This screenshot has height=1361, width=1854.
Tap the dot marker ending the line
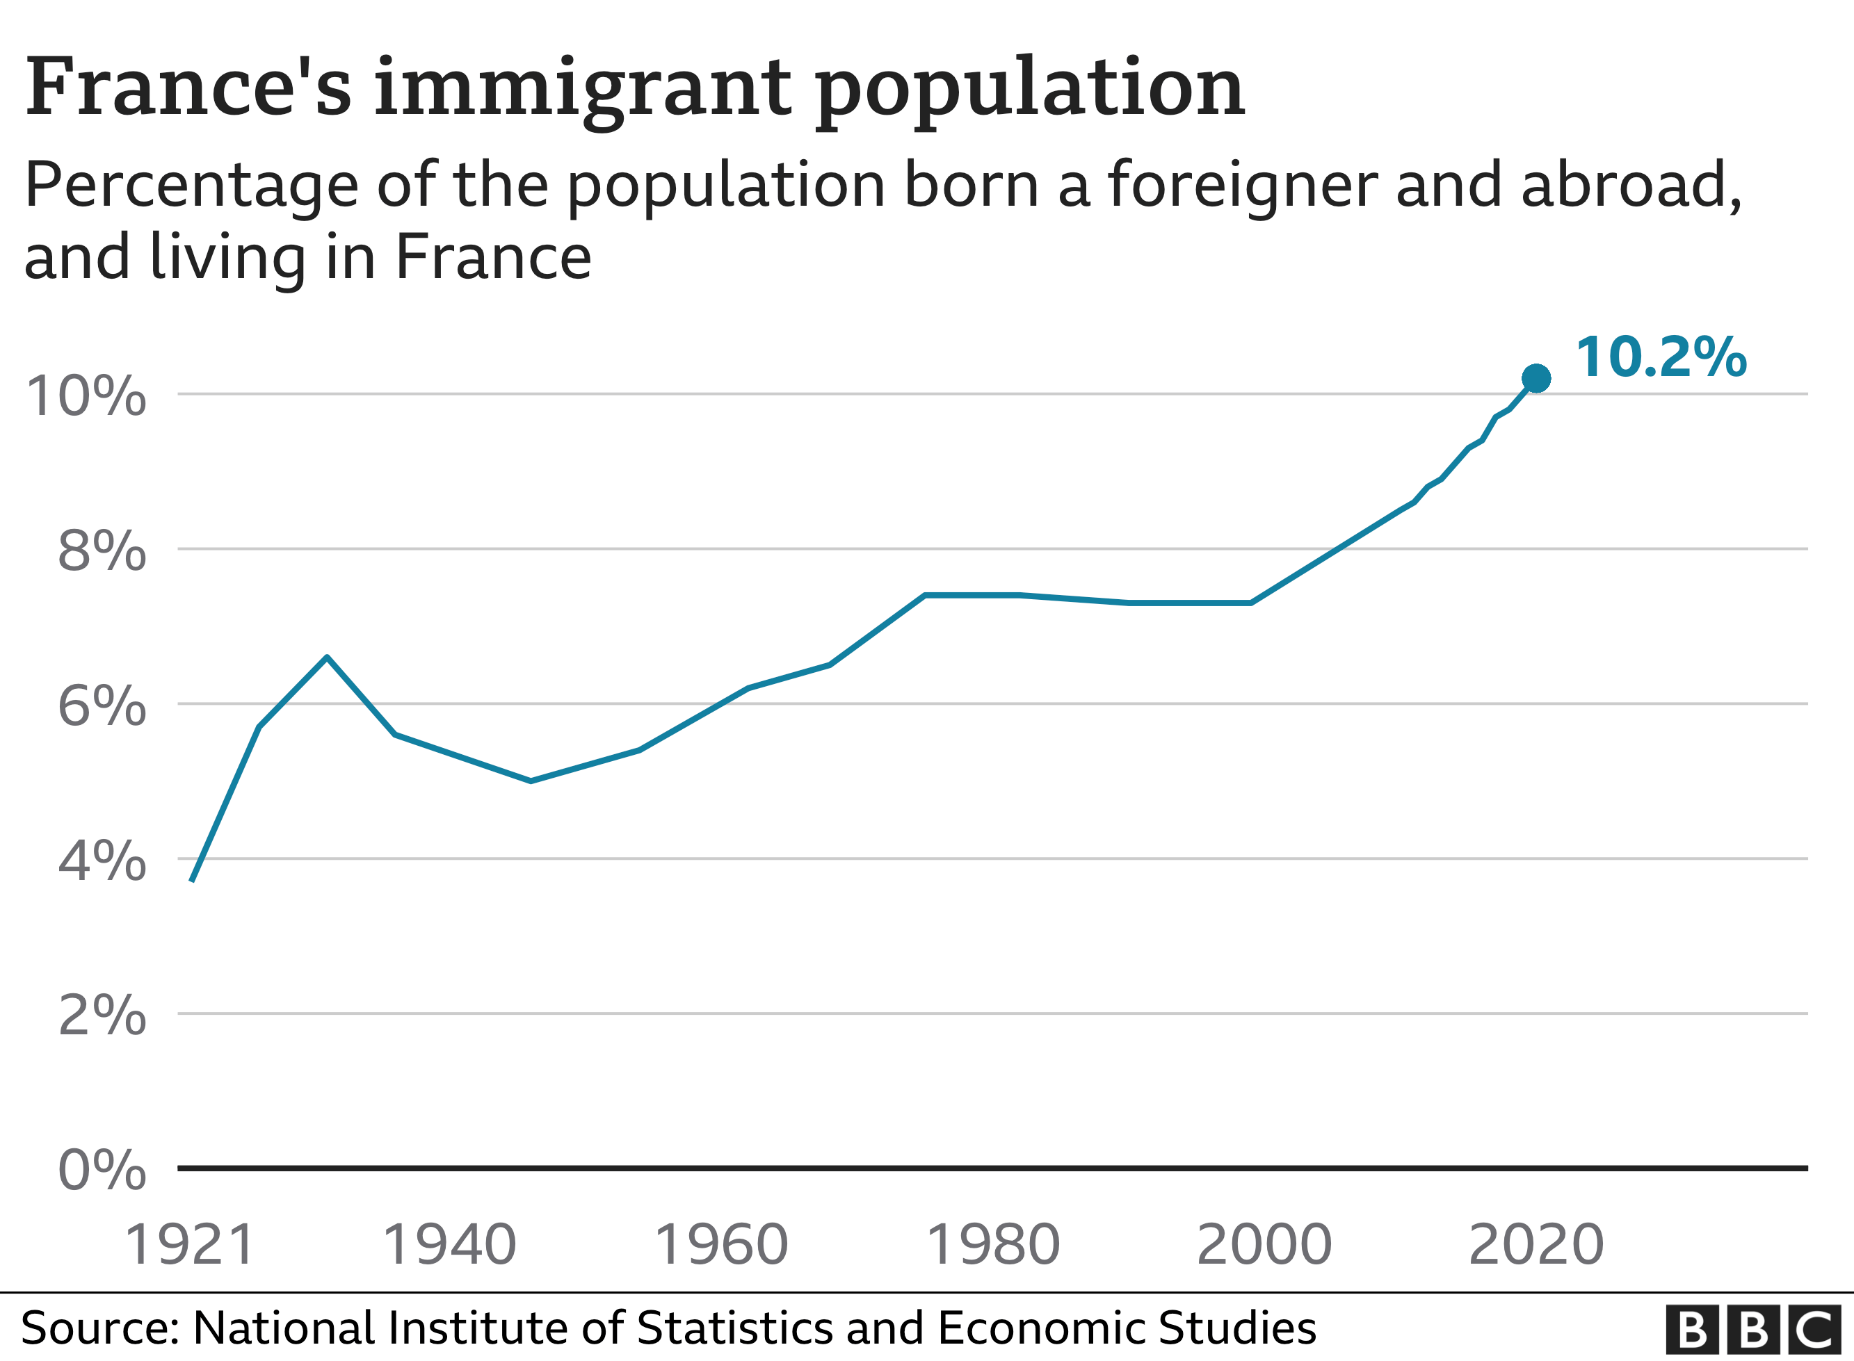(1536, 378)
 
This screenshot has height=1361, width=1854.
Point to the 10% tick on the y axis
(86, 396)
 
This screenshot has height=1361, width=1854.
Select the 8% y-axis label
(102, 551)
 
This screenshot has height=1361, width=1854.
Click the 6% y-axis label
(102, 706)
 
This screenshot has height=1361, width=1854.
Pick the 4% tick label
(102, 861)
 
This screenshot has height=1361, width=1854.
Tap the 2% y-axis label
(102, 1015)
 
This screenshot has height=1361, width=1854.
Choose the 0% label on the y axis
(102, 1169)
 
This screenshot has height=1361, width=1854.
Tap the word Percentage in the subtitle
(191, 186)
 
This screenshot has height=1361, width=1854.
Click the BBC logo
(1752, 1329)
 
